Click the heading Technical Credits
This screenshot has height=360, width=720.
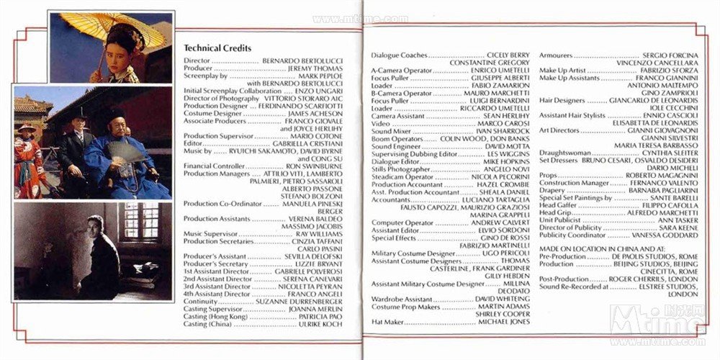[x=217, y=48]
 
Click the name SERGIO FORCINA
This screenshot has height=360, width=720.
[x=670, y=55]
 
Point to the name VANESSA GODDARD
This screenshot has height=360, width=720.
[x=665, y=235]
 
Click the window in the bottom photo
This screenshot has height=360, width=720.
[x=140, y=220]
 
